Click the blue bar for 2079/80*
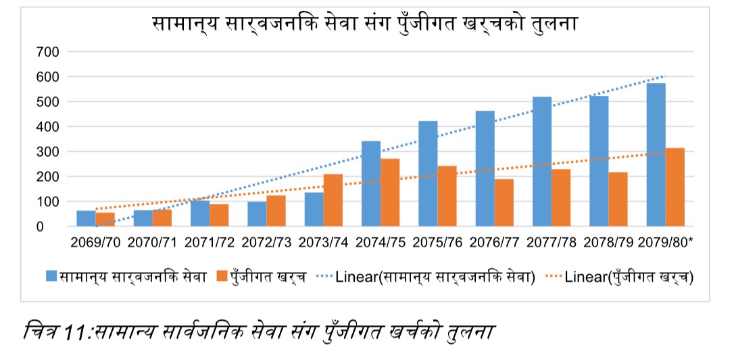point(656,155)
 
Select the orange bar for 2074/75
point(390,192)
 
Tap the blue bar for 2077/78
point(542,161)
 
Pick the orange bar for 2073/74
point(333,200)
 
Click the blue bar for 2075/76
point(428,174)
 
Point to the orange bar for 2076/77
point(504,203)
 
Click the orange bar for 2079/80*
point(675,187)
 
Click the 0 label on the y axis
point(58,227)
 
